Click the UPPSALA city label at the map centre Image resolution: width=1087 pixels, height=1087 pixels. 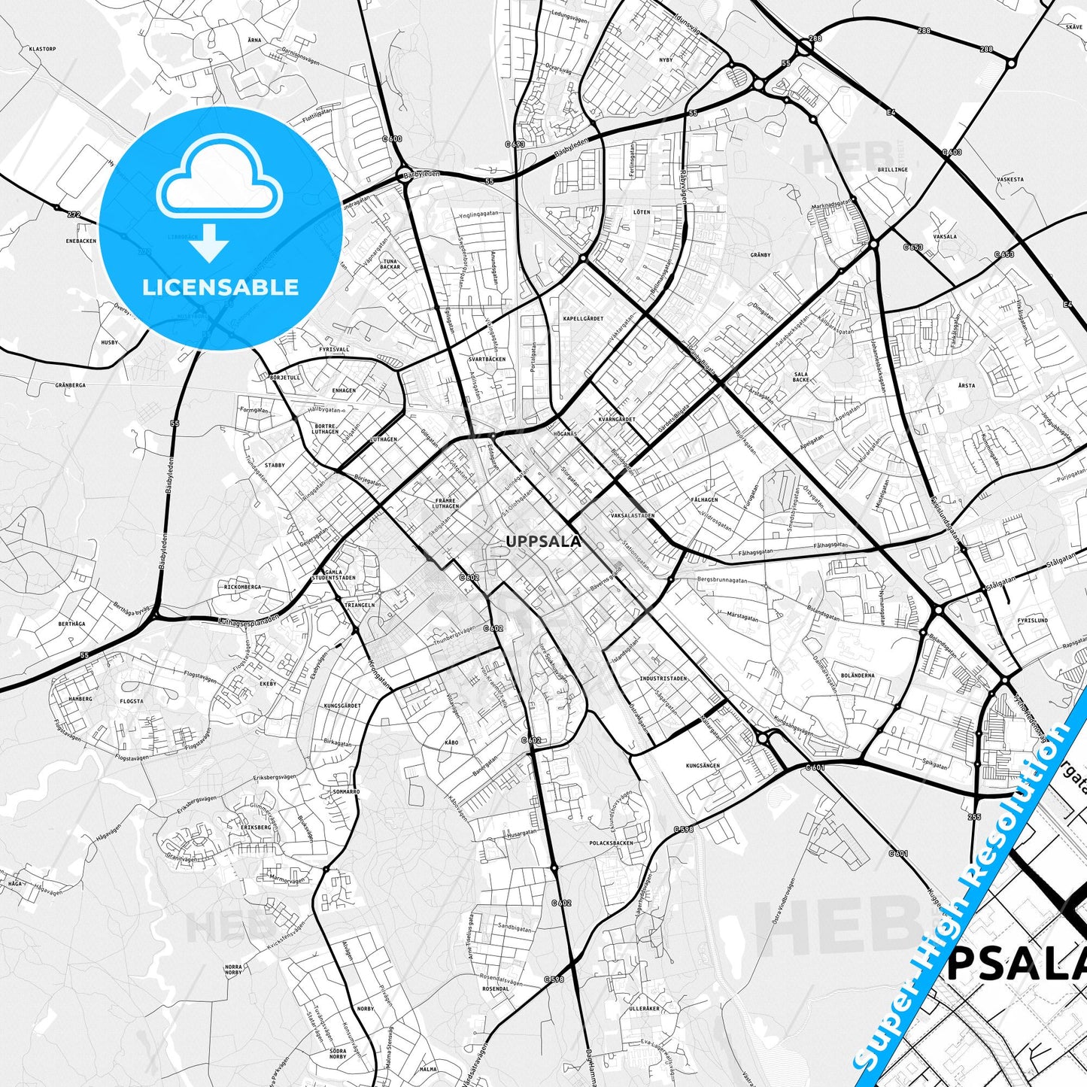coord(543,542)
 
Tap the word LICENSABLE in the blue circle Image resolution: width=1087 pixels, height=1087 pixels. coord(220,287)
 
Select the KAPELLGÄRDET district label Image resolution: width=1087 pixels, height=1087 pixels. coord(583,319)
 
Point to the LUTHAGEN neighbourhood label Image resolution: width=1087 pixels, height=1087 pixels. coord(384,439)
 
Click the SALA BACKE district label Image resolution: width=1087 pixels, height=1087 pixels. coord(800,377)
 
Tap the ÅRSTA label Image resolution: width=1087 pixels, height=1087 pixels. coord(967,385)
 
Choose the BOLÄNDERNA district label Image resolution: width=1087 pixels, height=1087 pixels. coord(857,676)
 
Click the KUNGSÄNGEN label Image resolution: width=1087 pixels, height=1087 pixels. coord(703,766)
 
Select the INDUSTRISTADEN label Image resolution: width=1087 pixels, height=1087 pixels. coord(663,679)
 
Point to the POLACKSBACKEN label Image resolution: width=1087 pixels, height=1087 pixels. coord(612,843)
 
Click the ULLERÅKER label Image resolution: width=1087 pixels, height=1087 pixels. coord(644,1008)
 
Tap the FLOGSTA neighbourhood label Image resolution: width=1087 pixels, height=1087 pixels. coord(131,701)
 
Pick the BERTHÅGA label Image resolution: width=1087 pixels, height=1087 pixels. coord(71,624)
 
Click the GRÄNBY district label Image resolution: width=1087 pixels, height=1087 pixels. coord(761,255)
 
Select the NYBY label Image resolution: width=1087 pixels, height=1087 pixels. coord(666,59)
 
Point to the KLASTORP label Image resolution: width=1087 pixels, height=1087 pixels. coord(42,49)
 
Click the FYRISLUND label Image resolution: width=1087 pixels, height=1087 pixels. coord(1032,621)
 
